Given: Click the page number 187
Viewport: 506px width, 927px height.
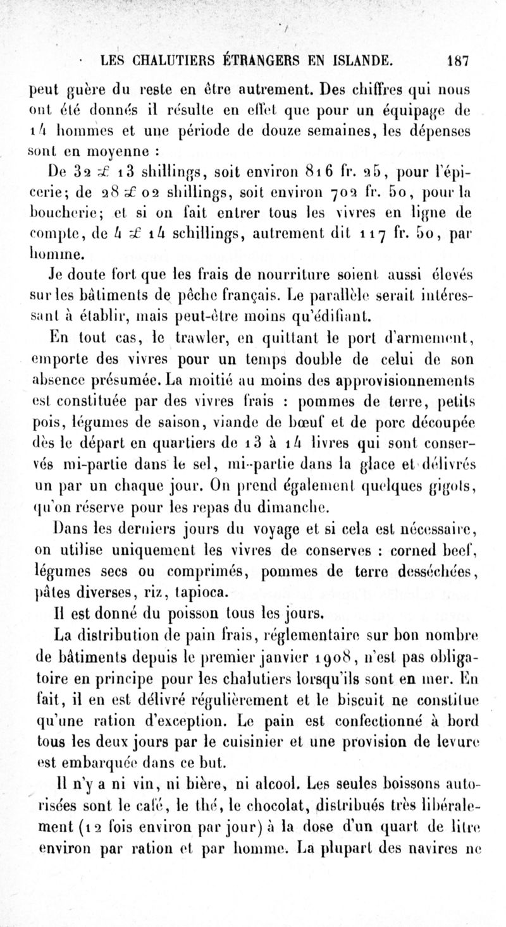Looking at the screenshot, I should [456, 62].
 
